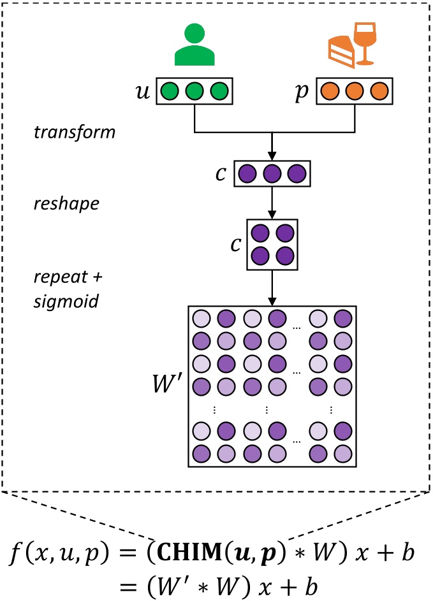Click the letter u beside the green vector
[144, 91]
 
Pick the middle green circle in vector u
[193, 92]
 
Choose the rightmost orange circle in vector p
[378, 92]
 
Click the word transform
[74, 133]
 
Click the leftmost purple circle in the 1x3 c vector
[247, 173]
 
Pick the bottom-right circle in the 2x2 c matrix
[285, 256]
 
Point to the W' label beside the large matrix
[165, 386]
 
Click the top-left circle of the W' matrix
[201, 318]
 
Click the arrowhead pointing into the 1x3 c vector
[272, 156]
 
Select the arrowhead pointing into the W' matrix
[272, 300]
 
